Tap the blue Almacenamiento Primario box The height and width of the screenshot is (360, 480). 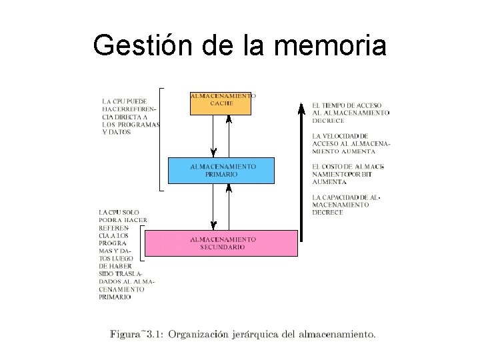click(221, 171)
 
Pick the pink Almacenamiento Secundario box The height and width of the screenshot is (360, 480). click(221, 243)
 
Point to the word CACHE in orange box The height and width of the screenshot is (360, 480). click(221, 103)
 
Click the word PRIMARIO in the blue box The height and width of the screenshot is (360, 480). click(221, 173)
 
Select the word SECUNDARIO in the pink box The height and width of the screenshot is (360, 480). click(223, 247)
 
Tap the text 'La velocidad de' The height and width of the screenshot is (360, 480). click(340, 135)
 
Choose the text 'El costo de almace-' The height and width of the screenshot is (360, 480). click(348, 166)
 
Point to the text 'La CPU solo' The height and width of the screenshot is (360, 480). click(119, 211)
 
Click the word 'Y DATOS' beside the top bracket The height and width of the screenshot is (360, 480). click(117, 132)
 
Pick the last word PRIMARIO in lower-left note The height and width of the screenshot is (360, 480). click(115, 297)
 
